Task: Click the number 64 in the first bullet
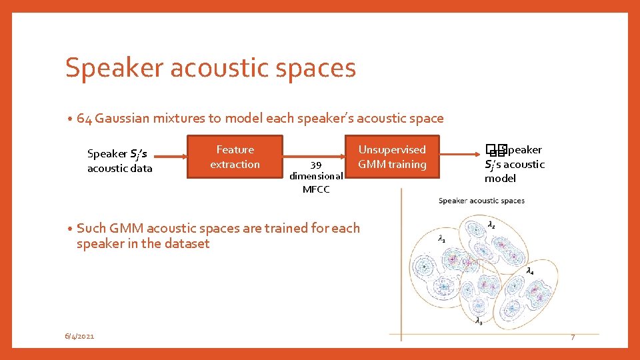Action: (84, 119)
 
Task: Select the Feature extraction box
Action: (235, 157)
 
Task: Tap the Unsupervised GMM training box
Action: (392, 157)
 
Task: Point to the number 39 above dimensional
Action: (316, 165)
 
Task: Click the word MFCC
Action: (316, 189)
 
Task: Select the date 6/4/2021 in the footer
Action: (79, 337)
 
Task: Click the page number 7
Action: (572, 338)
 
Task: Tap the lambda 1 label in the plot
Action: (441, 238)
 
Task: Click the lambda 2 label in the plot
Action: (491, 225)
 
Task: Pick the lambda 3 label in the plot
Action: (479, 321)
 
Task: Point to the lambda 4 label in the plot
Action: (529, 271)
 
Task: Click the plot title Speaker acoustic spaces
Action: (481, 201)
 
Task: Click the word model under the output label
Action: (500, 179)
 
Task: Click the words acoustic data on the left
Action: (120, 169)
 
